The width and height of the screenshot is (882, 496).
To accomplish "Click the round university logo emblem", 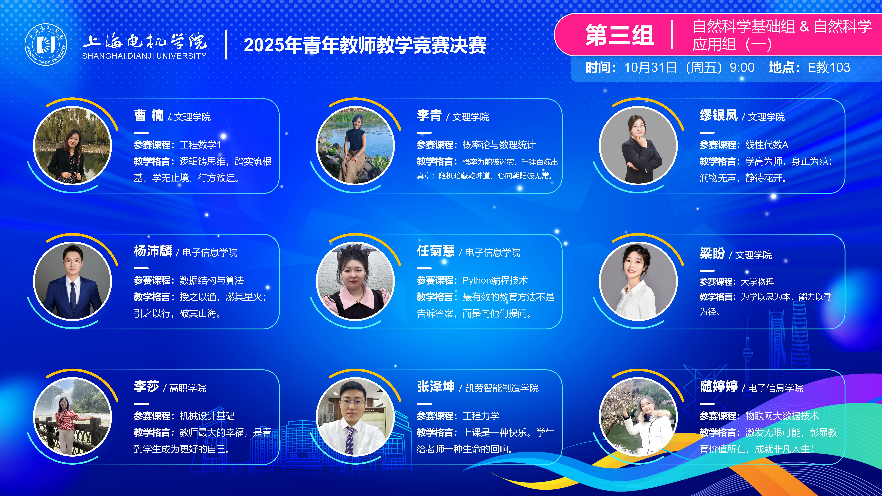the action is point(46,44).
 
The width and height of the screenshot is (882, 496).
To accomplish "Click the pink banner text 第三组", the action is point(619,35).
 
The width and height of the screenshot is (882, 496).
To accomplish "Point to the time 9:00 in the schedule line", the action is point(742,67).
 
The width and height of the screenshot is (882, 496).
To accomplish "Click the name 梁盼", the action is point(712,253).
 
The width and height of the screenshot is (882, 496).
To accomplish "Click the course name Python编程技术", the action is point(495,280).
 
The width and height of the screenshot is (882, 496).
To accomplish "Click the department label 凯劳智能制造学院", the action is point(502,388).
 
